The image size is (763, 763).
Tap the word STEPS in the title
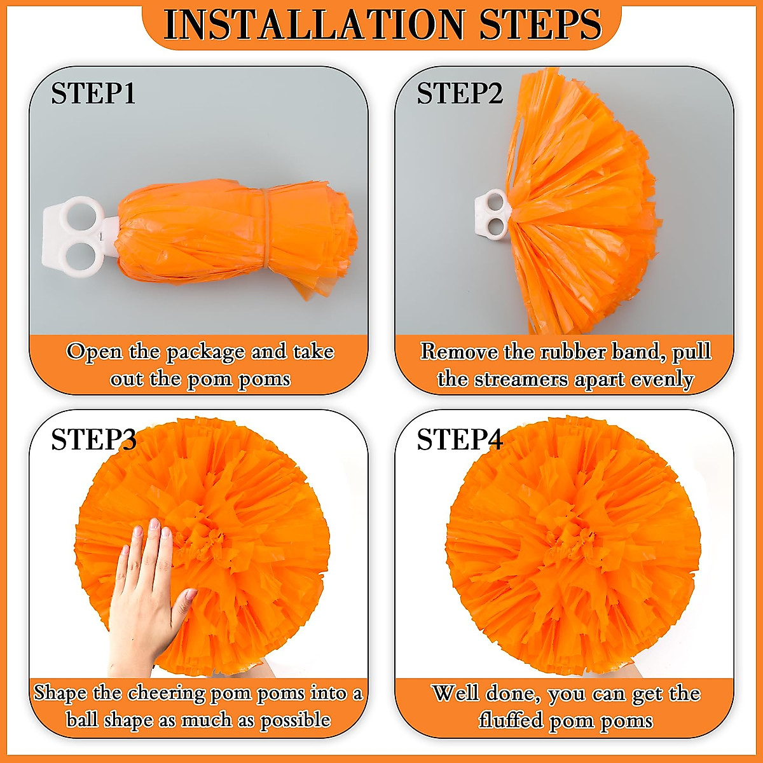click(x=540, y=25)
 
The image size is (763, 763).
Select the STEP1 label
click(x=93, y=93)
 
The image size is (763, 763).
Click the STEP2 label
click(x=460, y=93)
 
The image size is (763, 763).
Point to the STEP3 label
click(x=93, y=440)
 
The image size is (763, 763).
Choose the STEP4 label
click(x=460, y=440)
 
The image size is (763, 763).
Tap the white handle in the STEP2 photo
click(x=491, y=215)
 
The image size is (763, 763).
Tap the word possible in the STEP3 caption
click(x=295, y=720)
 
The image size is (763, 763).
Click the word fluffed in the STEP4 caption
click(x=509, y=720)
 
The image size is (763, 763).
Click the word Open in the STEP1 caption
click(x=93, y=352)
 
